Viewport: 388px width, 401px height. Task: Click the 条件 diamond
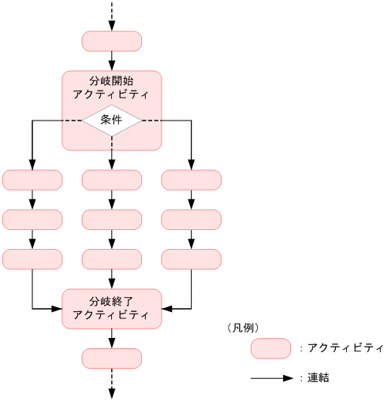[111, 121]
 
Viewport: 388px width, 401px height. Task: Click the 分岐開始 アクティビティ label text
[111, 87]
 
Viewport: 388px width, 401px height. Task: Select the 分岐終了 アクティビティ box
[111, 308]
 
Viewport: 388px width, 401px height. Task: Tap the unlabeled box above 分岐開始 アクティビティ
[111, 41]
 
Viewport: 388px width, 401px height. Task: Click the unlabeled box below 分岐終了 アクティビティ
[111, 358]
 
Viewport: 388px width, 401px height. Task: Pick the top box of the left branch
[32, 180]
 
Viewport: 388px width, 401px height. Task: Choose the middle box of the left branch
[32, 219]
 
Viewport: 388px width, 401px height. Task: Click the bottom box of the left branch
[32, 258]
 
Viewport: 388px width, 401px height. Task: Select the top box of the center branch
[111, 180]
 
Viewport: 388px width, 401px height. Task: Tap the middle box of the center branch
[111, 219]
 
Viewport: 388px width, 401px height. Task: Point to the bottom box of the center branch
[111, 258]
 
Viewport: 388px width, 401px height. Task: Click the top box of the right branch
[191, 180]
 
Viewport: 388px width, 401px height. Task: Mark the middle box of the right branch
[191, 219]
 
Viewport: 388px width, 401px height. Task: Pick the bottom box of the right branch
[191, 258]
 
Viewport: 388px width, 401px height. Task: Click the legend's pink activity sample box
[270, 347]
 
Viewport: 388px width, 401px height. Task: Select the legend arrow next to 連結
[271, 378]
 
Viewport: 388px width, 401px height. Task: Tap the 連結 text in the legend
[319, 378]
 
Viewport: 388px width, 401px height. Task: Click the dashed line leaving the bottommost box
[111, 384]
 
